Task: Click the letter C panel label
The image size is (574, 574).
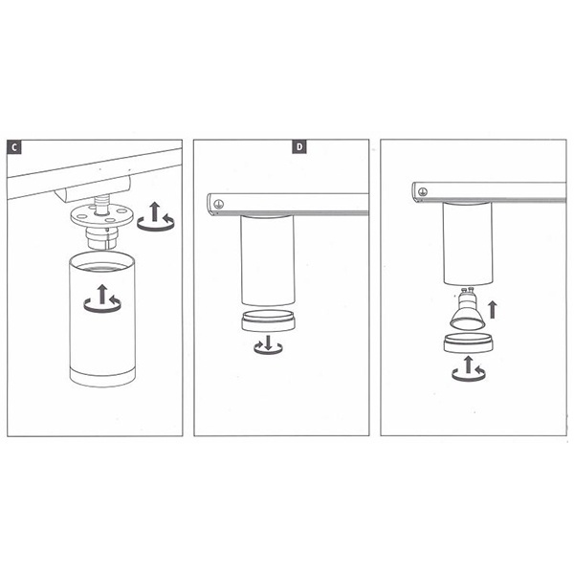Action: [14, 146]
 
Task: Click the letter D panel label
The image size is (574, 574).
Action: [299, 146]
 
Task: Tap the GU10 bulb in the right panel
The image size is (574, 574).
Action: [467, 308]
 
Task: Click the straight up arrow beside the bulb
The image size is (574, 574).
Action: [493, 310]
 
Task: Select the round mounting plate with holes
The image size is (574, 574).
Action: [101, 216]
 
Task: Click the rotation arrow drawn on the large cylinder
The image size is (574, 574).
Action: [102, 299]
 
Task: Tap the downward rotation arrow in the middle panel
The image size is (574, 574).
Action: [268, 344]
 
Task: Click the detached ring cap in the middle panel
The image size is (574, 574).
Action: [268, 321]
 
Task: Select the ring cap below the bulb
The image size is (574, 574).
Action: [468, 343]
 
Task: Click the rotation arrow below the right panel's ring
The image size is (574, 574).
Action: [468, 369]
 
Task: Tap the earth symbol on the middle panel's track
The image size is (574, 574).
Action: [218, 204]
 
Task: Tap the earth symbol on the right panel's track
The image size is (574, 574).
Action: [423, 191]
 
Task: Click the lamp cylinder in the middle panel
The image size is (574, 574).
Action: [268, 260]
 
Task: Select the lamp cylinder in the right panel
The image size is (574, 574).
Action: [468, 243]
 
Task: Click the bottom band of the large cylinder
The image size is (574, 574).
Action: [102, 378]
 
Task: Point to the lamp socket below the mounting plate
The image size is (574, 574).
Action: [101, 237]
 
